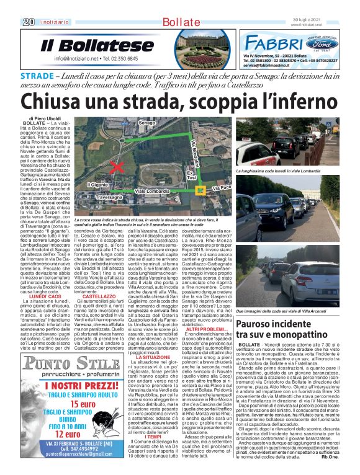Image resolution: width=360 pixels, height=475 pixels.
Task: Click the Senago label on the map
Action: [146, 123]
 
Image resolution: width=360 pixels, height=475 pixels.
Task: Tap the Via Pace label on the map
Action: [220, 187]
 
